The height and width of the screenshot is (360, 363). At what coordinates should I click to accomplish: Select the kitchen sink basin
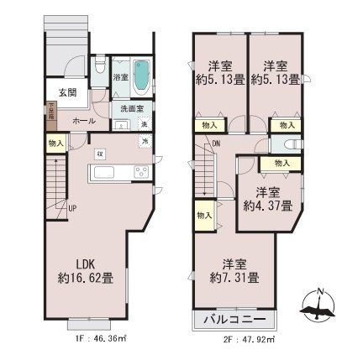click(x=108, y=173)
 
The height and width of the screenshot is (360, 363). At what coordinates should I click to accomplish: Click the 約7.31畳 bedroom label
click(x=234, y=269)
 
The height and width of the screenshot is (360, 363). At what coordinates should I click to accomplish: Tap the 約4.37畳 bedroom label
click(x=267, y=197)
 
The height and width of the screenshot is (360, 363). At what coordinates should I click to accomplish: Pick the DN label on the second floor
click(x=216, y=144)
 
